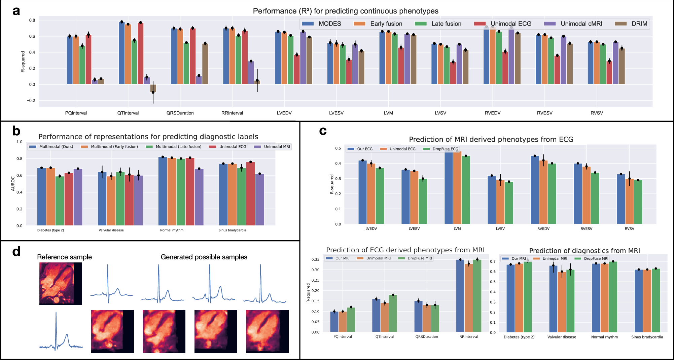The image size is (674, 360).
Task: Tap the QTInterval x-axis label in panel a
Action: pyautogui.click(x=128, y=113)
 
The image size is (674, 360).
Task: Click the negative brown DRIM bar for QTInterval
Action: pyautogui.click(x=153, y=88)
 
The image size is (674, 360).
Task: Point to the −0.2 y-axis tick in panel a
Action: pyautogui.click(x=31, y=101)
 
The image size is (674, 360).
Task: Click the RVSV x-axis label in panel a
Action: pyautogui.click(x=597, y=113)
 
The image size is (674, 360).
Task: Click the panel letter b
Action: pyautogui.click(x=16, y=131)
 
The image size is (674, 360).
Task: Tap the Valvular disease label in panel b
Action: pyautogui.click(x=111, y=230)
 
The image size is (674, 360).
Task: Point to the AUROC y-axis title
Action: pyautogui.click(x=13, y=184)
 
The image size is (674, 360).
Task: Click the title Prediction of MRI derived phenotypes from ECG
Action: pyautogui.click(x=491, y=139)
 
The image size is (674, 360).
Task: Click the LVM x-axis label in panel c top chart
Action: pyautogui.click(x=457, y=229)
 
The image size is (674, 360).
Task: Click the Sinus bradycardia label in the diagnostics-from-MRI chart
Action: pyautogui.click(x=647, y=337)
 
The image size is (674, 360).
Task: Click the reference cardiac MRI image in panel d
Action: pyautogui.click(x=61, y=284)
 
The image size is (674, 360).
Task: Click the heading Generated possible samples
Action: pyautogui.click(x=204, y=257)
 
